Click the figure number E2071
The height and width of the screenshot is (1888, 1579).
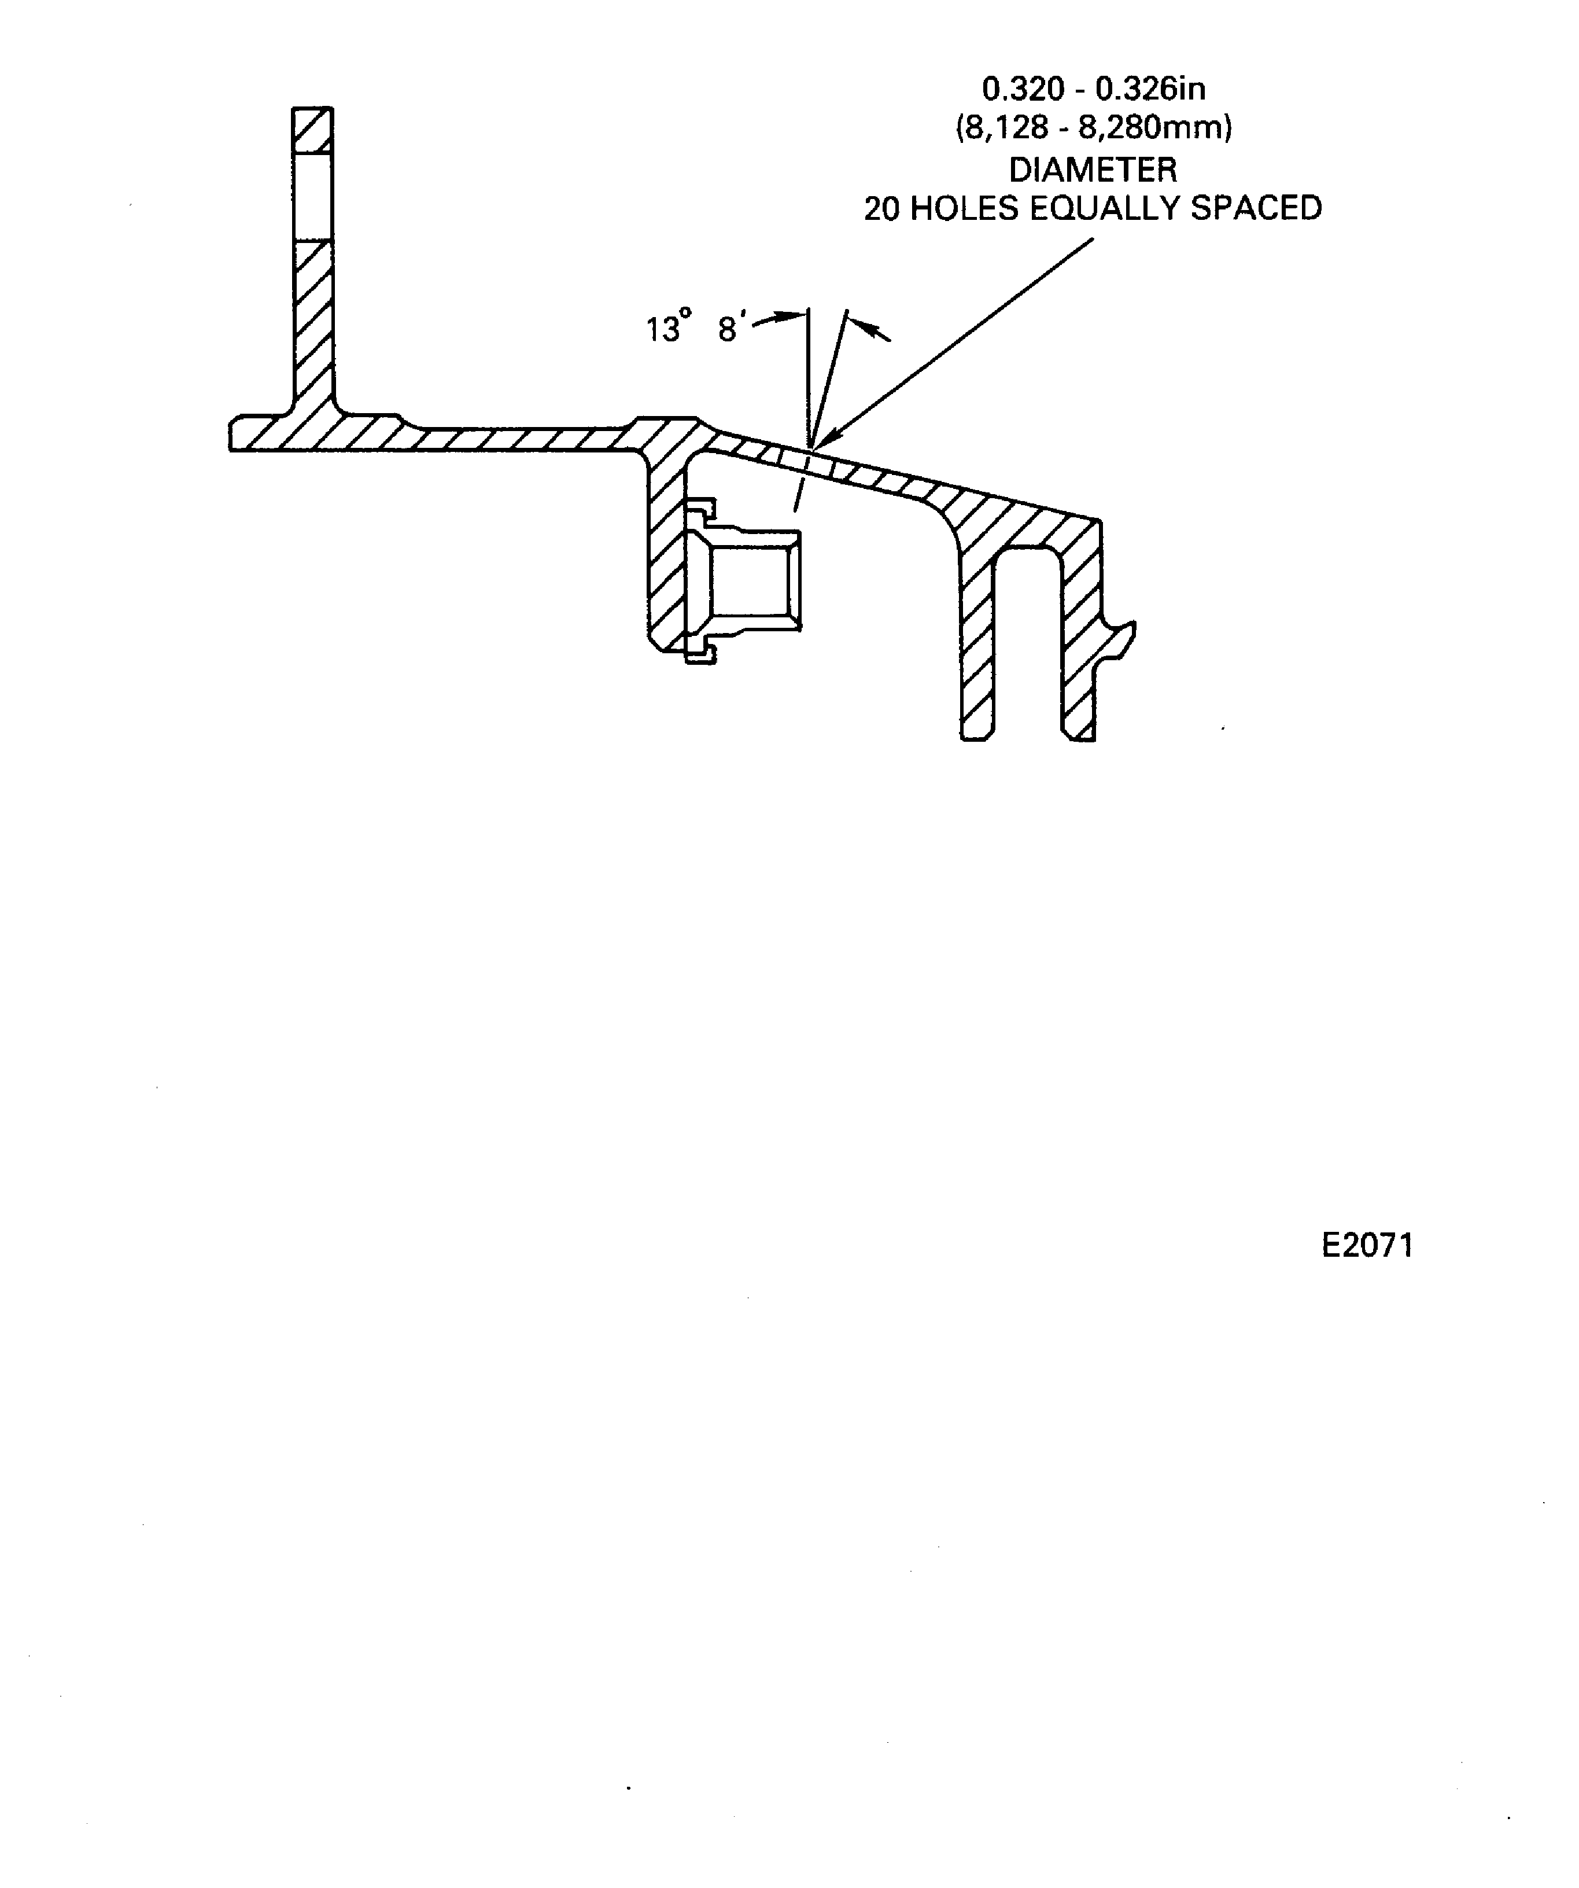point(1367,1245)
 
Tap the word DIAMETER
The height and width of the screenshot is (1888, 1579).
point(1093,169)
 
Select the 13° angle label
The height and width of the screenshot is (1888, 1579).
point(667,328)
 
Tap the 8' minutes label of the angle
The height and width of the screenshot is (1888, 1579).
point(730,328)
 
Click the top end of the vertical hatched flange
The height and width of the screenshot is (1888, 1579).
point(312,112)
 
